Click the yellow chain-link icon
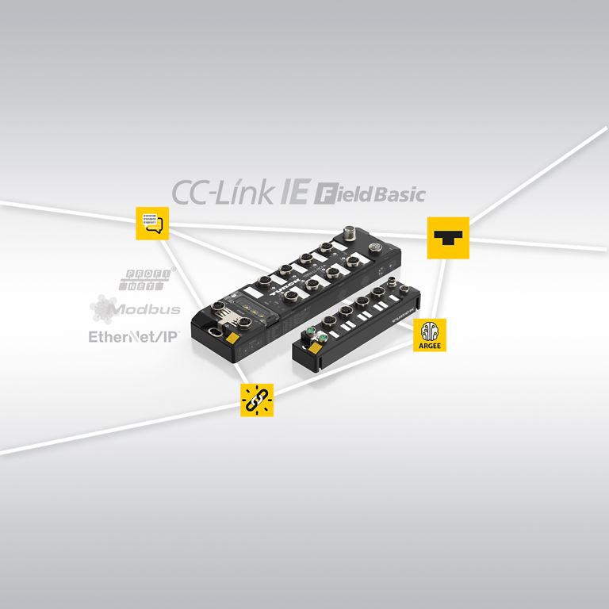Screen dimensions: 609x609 point(257,400)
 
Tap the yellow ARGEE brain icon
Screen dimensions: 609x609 point(430,331)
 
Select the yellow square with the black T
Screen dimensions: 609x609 point(448,237)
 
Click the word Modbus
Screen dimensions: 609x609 point(147,309)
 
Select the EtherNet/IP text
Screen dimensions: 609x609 point(133,335)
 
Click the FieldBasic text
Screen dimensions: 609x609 point(370,195)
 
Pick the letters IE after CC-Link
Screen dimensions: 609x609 point(294,193)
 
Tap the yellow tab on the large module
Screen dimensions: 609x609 point(233,339)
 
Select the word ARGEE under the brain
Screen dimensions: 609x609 point(430,345)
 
